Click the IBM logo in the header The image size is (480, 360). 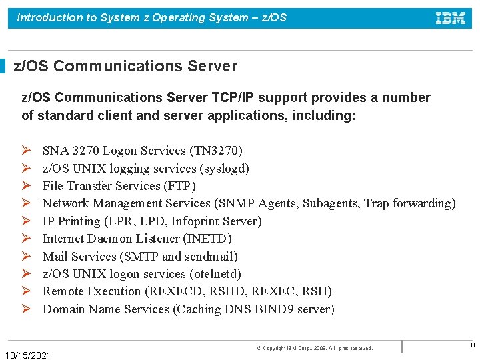pos(450,18)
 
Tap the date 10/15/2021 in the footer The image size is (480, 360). pos(27,355)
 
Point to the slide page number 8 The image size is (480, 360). pos(473,345)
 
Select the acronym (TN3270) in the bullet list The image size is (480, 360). pos(216,151)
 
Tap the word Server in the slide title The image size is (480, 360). pos(214,66)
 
